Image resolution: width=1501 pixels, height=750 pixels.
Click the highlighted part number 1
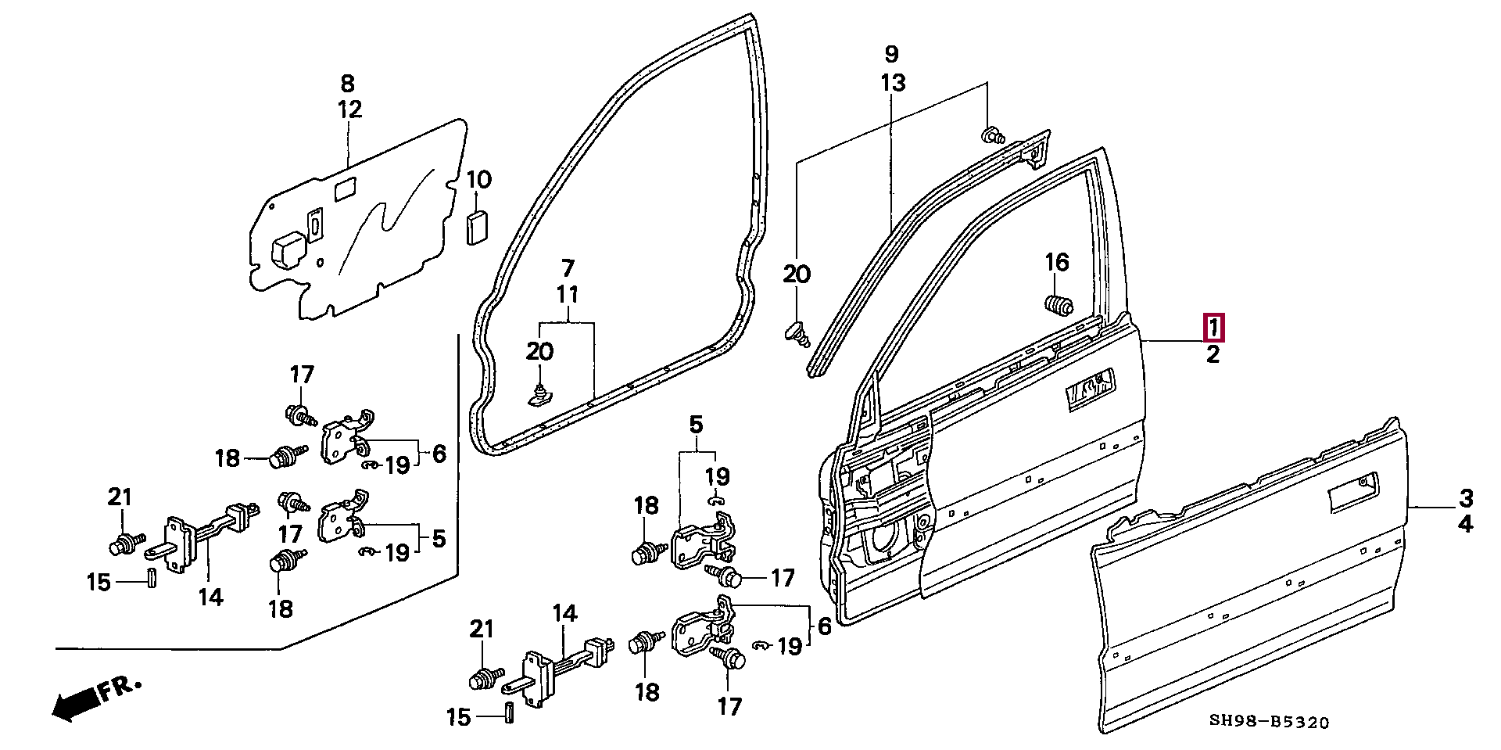tap(1213, 328)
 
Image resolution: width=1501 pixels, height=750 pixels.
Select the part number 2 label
tap(1213, 355)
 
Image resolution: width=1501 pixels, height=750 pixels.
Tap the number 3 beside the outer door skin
tap(1466, 497)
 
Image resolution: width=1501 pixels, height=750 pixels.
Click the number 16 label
tap(1057, 263)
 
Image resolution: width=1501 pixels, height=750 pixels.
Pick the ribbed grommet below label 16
tap(1059, 306)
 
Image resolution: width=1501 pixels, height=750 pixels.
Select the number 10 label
tap(479, 181)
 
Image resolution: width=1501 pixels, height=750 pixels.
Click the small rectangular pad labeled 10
tap(477, 228)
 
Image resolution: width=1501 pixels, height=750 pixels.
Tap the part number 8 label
tap(347, 83)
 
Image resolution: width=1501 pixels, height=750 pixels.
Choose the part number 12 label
tap(349, 109)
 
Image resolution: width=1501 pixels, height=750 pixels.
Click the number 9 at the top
tap(891, 55)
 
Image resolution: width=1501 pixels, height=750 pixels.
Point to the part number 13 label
tap(893, 81)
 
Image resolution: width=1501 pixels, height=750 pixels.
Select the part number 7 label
tap(568, 267)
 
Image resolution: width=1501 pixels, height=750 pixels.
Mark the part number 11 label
tap(568, 295)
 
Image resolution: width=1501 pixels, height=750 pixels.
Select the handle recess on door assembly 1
tap(1086, 391)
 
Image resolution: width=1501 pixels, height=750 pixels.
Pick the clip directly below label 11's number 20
tap(538, 397)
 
